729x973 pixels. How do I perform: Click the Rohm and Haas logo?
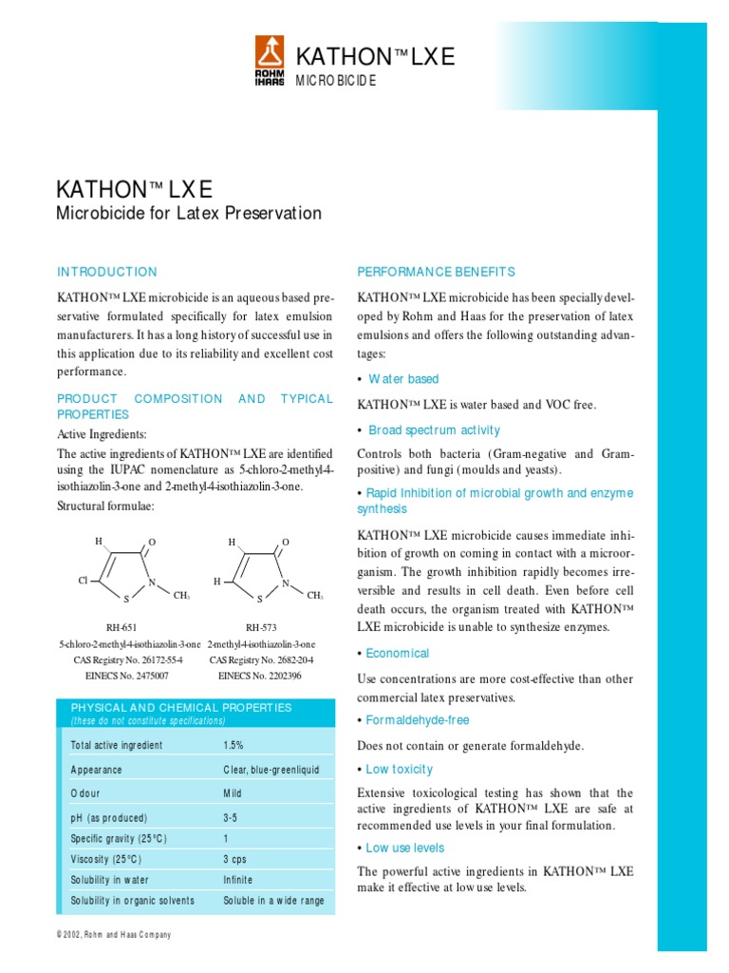click(x=270, y=61)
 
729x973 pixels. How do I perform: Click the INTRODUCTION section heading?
click(x=107, y=272)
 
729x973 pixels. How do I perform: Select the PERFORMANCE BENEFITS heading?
click(x=436, y=272)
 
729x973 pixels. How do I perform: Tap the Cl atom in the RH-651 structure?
click(x=83, y=580)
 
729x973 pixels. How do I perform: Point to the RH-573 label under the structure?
click(x=260, y=627)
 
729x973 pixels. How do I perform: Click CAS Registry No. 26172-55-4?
click(x=128, y=659)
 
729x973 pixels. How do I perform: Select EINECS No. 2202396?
click(x=260, y=676)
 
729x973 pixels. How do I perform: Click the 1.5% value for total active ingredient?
click(x=234, y=745)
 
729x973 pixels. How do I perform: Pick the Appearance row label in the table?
click(x=96, y=770)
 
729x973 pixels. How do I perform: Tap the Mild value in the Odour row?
click(x=233, y=793)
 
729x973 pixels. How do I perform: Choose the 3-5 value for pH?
click(x=231, y=817)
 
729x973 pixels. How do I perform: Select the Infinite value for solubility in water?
click(x=238, y=880)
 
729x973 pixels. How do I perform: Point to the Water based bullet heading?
click(x=403, y=379)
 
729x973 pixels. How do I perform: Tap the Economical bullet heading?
click(x=397, y=653)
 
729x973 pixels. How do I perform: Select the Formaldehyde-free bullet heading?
click(x=418, y=720)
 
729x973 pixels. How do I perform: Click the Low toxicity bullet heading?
click(x=399, y=769)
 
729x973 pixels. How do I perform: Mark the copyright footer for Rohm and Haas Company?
click(x=114, y=935)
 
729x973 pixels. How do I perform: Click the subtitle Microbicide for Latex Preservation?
click(x=190, y=213)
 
